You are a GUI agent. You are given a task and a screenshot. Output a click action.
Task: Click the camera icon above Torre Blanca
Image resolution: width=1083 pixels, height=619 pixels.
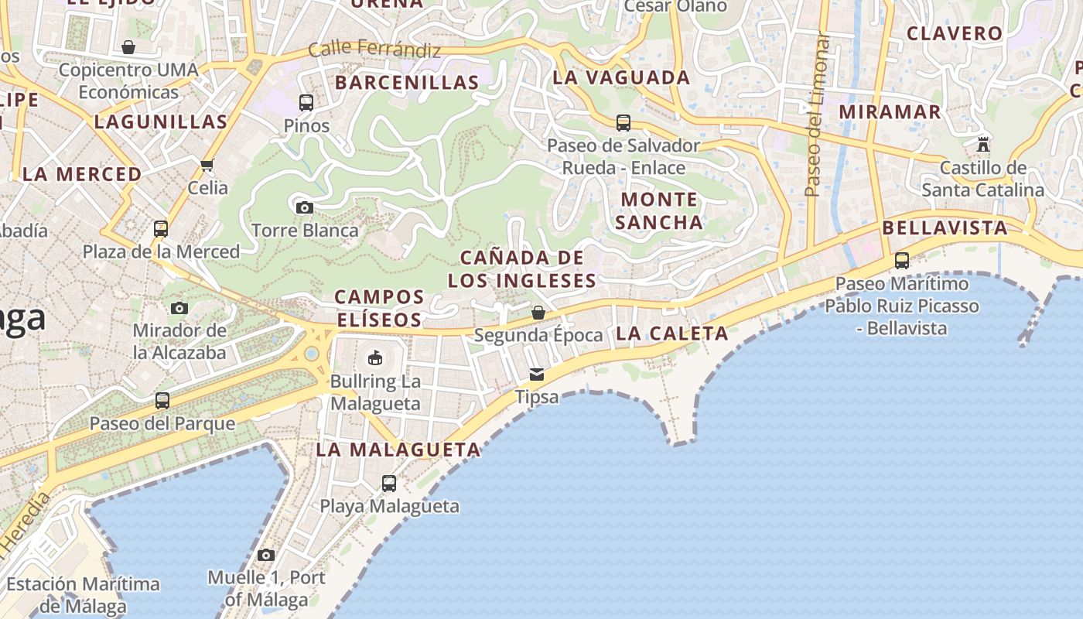305,207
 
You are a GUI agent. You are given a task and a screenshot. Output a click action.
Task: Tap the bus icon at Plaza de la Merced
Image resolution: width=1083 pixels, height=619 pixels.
161,229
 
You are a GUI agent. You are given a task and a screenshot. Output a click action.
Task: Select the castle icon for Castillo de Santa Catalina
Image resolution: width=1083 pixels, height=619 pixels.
983,145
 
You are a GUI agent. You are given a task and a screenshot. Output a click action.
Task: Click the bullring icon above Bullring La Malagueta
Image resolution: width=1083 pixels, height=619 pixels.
375,357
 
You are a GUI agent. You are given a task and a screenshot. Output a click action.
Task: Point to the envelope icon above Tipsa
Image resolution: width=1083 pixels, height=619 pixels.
537,374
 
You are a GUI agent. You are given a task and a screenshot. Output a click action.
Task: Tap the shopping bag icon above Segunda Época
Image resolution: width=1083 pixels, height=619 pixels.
538,313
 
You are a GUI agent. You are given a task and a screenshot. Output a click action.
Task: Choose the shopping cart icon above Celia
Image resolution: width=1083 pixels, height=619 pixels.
207,165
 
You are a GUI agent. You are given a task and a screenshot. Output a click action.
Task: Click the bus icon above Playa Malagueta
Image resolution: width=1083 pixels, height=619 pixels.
389,484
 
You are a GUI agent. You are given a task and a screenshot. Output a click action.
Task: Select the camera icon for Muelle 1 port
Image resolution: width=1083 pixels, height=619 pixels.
266,555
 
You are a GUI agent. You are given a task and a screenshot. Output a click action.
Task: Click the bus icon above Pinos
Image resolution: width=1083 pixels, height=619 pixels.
306,102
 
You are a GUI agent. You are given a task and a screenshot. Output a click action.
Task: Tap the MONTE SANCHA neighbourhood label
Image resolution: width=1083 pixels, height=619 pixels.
660,211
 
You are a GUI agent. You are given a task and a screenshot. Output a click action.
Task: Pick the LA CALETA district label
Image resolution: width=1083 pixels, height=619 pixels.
672,333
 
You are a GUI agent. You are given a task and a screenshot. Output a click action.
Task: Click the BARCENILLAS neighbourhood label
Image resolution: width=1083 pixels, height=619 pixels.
407,83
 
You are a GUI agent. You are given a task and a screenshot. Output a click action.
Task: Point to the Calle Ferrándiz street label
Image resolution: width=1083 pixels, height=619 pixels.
374,50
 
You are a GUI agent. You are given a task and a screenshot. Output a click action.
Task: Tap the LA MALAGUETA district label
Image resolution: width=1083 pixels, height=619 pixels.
398,450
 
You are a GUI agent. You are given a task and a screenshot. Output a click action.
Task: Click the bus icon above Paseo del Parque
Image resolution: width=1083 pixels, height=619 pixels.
162,401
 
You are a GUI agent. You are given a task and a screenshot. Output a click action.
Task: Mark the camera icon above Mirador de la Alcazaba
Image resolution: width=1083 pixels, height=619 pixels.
179,308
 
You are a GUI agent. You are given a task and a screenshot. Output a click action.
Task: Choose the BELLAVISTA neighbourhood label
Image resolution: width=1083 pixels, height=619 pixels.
945,227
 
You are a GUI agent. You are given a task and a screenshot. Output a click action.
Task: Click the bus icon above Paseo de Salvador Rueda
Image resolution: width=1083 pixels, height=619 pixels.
623,122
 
